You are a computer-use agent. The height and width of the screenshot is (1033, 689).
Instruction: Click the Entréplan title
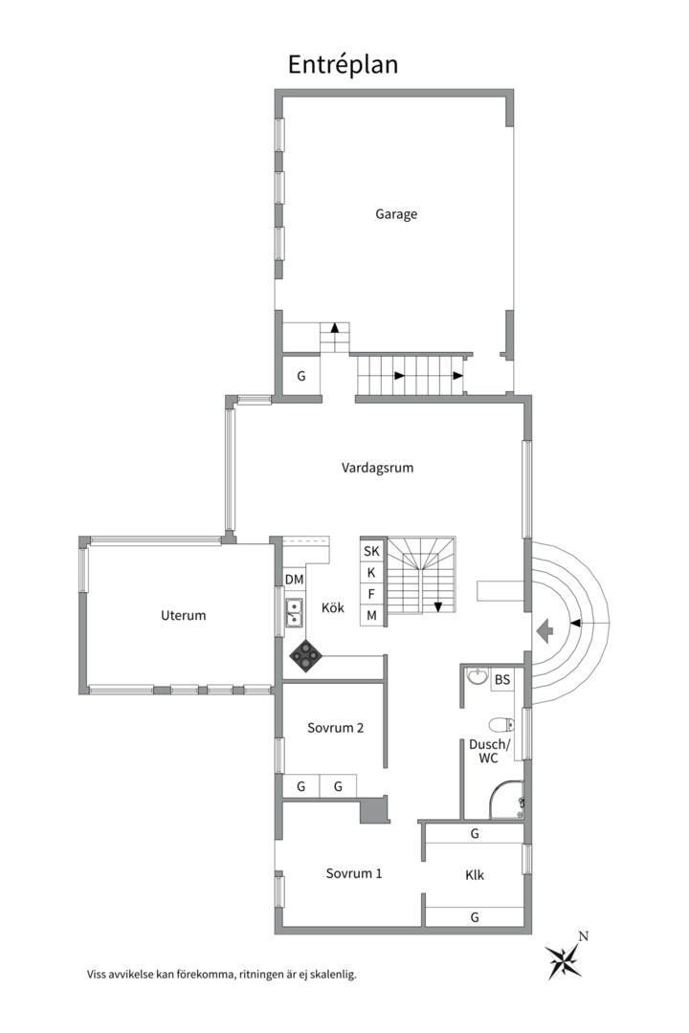click(343, 65)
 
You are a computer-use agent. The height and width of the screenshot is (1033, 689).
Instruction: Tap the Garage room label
click(396, 214)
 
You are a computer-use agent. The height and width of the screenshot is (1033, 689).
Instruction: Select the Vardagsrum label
click(377, 469)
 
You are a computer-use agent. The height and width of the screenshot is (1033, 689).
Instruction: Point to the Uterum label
click(184, 615)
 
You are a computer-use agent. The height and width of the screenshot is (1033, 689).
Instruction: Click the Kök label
click(333, 607)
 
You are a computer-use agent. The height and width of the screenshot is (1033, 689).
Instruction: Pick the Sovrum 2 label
click(336, 728)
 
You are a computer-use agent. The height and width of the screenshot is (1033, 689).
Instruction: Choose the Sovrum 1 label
click(354, 873)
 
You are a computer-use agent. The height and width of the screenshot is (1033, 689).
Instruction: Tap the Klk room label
click(475, 875)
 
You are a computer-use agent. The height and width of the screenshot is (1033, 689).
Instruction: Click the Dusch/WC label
click(489, 751)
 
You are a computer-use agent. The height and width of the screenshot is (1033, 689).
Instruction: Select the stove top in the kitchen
click(306, 656)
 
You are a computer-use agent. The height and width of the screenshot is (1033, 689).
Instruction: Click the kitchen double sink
click(294, 612)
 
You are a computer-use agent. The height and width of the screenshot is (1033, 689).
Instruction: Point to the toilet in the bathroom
click(503, 725)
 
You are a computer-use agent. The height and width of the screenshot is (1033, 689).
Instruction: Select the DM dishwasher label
click(294, 580)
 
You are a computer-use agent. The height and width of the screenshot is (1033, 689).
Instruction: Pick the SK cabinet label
click(372, 552)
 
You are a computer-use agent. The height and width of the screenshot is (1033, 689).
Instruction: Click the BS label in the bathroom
click(502, 679)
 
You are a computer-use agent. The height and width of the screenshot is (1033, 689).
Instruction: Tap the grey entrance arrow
click(545, 631)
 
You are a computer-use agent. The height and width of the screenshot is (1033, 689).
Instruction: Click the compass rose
click(565, 956)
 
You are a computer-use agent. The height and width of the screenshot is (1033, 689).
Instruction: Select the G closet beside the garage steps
click(301, 376)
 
